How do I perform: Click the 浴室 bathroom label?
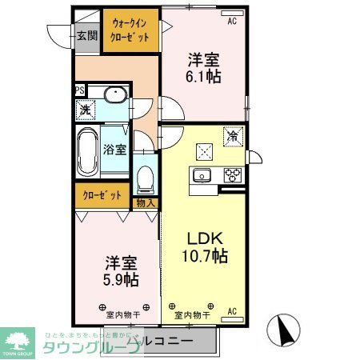114,149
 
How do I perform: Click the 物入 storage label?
145,204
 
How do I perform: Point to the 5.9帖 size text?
121,279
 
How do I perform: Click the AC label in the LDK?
232,310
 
